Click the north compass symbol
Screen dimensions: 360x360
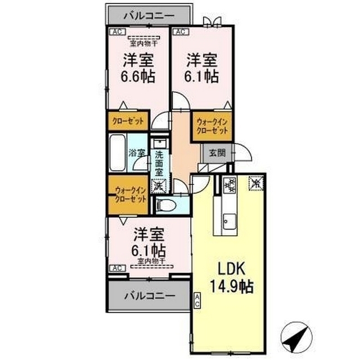point(296,337)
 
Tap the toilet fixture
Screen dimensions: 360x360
point(166,205)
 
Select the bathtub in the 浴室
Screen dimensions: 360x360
point(118,152)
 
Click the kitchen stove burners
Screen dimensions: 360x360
point(229,185)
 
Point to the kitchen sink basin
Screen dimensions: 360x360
point(229,222)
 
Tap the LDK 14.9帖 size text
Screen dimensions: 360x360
point(232,277)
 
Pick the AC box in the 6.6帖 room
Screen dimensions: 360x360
point(118,31)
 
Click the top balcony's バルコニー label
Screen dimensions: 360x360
point(149,16)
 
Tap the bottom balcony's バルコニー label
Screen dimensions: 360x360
point(150,296)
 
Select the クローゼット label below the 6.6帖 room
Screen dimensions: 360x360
point(128,121)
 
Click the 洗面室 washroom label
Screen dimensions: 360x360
point(159,164)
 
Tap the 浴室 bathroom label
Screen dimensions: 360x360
point(137,153)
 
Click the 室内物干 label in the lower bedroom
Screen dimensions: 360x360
point(151,261)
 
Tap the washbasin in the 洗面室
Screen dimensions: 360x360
point(160,143)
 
